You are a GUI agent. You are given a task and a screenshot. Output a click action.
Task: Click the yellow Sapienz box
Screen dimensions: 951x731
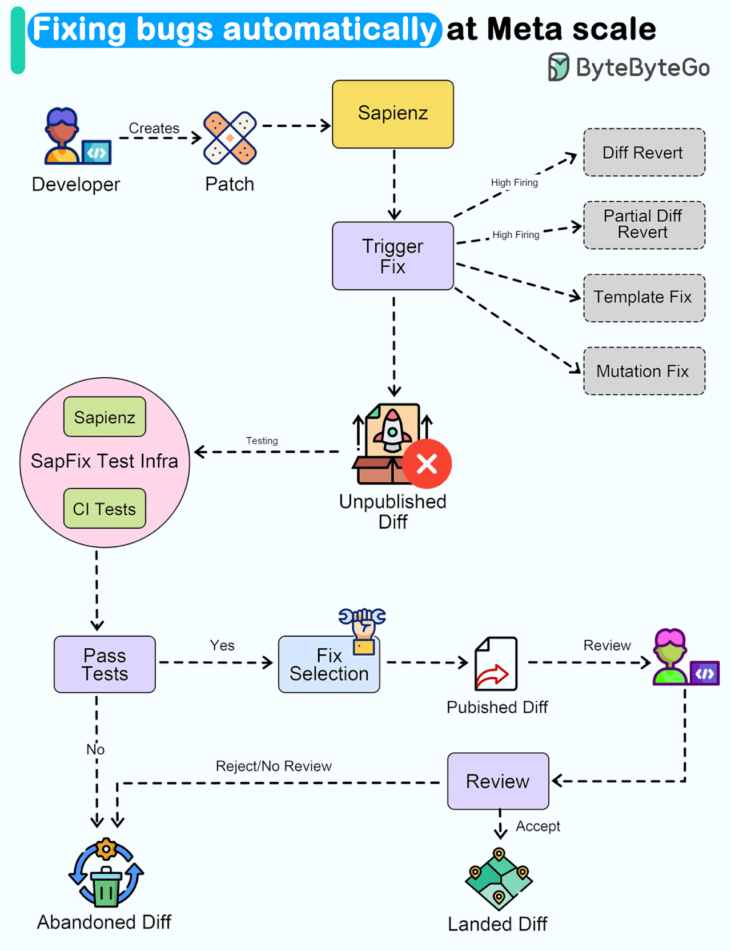click(x=393, y=114)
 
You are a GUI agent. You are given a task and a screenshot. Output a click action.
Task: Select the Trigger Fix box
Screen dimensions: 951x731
click(x=393, y=256)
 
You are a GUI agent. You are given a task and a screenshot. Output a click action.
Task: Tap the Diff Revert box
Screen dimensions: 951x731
click(x=644, y=153)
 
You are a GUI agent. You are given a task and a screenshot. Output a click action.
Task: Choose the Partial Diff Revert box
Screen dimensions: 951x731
click(x=644, y=225)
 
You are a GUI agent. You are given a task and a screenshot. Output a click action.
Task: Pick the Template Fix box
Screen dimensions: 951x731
click(x=644, y=298)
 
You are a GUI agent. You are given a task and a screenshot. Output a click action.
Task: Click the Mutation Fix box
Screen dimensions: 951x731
click(x=644, y=371)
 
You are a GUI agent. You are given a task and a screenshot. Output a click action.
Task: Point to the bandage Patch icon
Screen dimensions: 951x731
click(x=230, y=138)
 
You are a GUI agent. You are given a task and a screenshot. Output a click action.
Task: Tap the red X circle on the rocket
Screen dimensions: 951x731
click(x=427, y=463)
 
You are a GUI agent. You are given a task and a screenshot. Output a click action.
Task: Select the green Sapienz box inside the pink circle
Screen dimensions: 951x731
click(x=105, y=417)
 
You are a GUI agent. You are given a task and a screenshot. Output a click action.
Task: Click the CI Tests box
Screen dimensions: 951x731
click(x=105, y=508)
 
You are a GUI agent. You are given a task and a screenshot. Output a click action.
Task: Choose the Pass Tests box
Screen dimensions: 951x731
click(x=105, y=664)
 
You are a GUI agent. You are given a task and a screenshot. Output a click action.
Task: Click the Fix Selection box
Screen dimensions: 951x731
click(x=329, y=665)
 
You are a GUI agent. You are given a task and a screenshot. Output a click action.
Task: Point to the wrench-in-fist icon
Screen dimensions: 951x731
click(x=363, y=629)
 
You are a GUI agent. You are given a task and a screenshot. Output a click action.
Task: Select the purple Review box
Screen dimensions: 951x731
click(x=498, y=781)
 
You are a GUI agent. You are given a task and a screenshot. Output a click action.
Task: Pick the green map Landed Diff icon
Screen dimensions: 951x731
click(x=499, y=878)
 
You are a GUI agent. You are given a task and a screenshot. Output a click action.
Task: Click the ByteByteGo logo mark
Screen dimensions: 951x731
click(x=558, y=67)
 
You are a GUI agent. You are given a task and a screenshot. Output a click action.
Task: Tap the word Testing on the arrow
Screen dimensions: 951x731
click(x=262, y=441)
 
